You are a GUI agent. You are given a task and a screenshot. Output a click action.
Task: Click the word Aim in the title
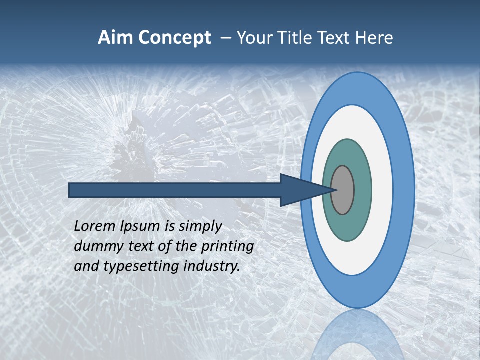pyautogui.click(x=116, y=38)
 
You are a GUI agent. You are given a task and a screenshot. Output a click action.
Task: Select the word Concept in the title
pyautogui.click(x=174, y=38)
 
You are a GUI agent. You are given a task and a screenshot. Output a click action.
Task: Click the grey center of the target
pyautogui.click(x=342, y=190)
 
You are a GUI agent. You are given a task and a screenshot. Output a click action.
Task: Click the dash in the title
pyautogui.click(x=225, y=38)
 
